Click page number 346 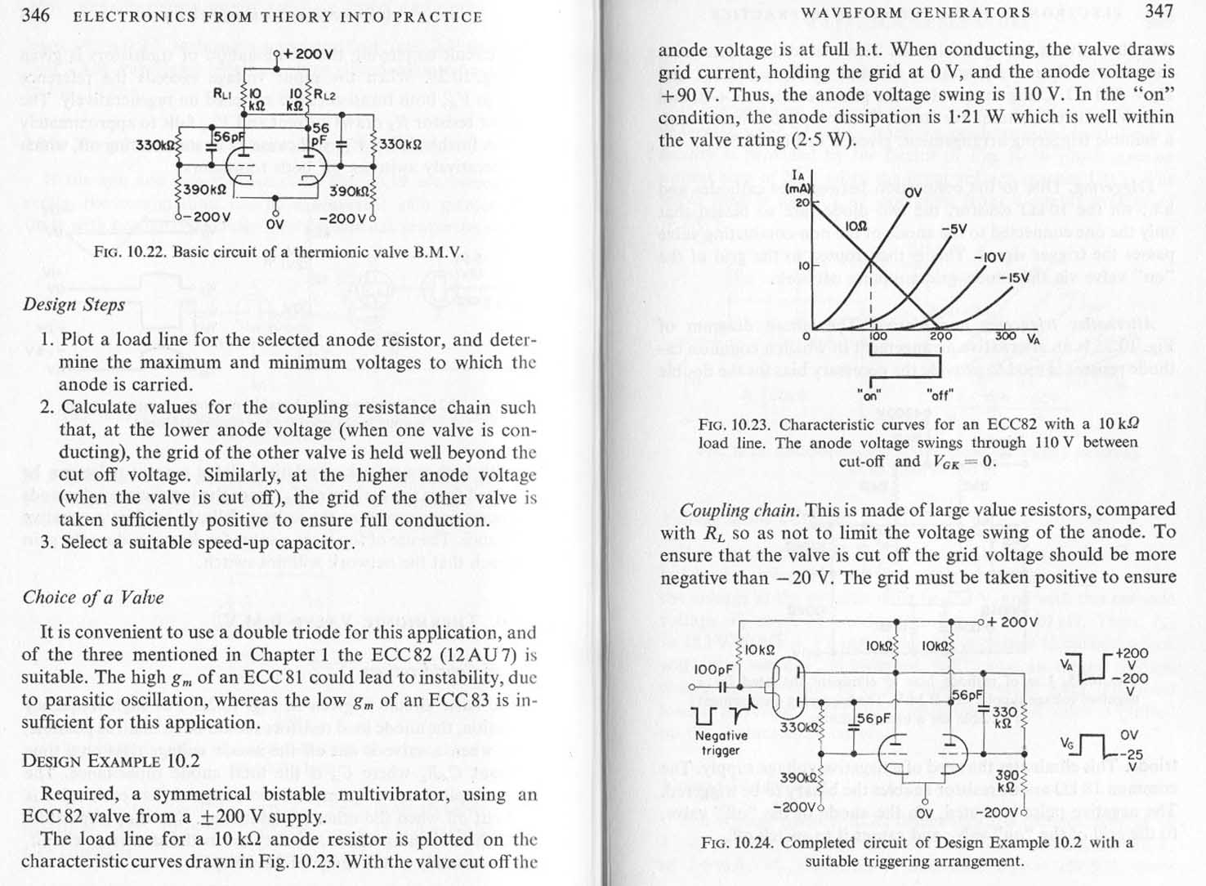pos(36,16)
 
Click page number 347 pos(1159,11)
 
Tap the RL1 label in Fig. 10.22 pos(221,92)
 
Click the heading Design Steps pos(74,305)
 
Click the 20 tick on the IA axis pos(802,202)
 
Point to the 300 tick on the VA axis pos(1005,336)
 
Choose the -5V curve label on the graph pos(954,229)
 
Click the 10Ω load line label pos(856,225)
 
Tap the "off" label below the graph pos(940,394)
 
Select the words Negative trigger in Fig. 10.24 pos(721,743)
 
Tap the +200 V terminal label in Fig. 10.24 pos(1012,621)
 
